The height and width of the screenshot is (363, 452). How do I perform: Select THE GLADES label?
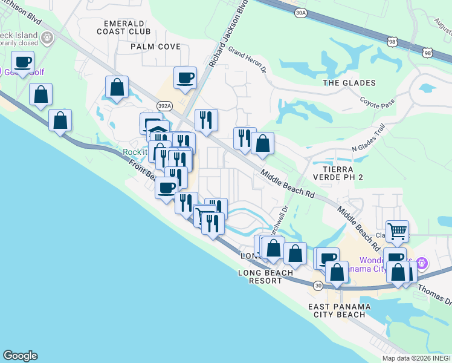click(349, 83)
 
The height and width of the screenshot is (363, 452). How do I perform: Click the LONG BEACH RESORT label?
click(265, 277)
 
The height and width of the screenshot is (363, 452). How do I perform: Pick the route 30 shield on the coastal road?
click(318, 285)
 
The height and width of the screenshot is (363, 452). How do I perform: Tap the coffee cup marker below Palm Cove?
click(185, 78)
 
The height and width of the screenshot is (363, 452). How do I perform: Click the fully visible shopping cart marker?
click(397, 231)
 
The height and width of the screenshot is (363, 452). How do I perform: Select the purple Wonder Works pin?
click(422, 263)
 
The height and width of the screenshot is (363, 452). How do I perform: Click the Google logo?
click(20, 356)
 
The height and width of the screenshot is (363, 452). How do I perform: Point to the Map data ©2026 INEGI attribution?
click(416, 358)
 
